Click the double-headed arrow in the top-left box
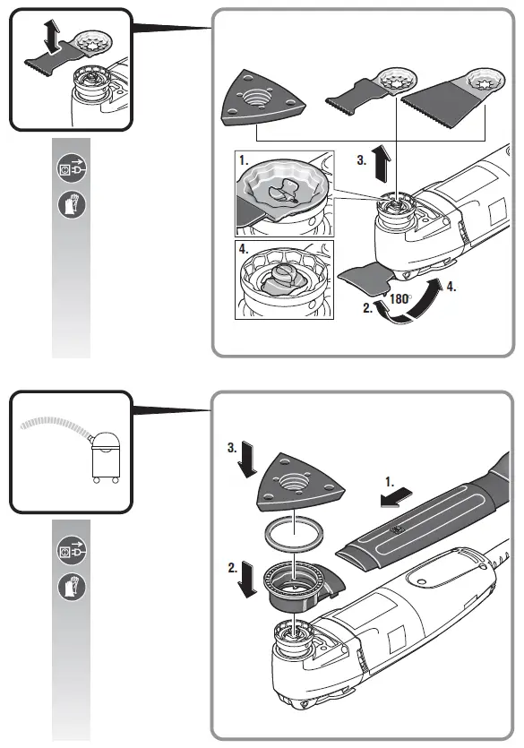(51, 37)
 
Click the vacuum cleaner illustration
(106, 457)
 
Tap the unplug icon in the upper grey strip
(72, 168)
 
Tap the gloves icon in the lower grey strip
(72, 586)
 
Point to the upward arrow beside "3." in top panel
(382, 164)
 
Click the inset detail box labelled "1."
(284, 193)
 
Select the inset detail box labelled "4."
(284, 279)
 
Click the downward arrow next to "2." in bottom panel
(248, 579)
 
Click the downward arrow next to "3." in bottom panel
(248, 460)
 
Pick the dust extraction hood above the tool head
(299, 585)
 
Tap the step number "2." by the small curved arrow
(367, 309)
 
